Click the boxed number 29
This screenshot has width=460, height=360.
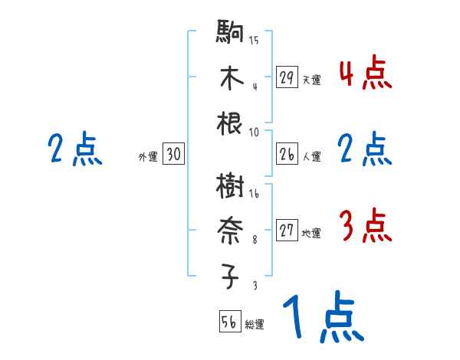pos(287,77)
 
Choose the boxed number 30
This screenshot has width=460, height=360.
pos(173,155)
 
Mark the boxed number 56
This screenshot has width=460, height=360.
pos(229,322)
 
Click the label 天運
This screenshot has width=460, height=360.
pos(311,80)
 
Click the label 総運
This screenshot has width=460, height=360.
pos(255,324)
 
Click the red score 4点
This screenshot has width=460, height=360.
pos(365,74)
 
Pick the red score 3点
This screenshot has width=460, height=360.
pos(365,227)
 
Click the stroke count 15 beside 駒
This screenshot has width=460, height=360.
pos(254,41)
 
